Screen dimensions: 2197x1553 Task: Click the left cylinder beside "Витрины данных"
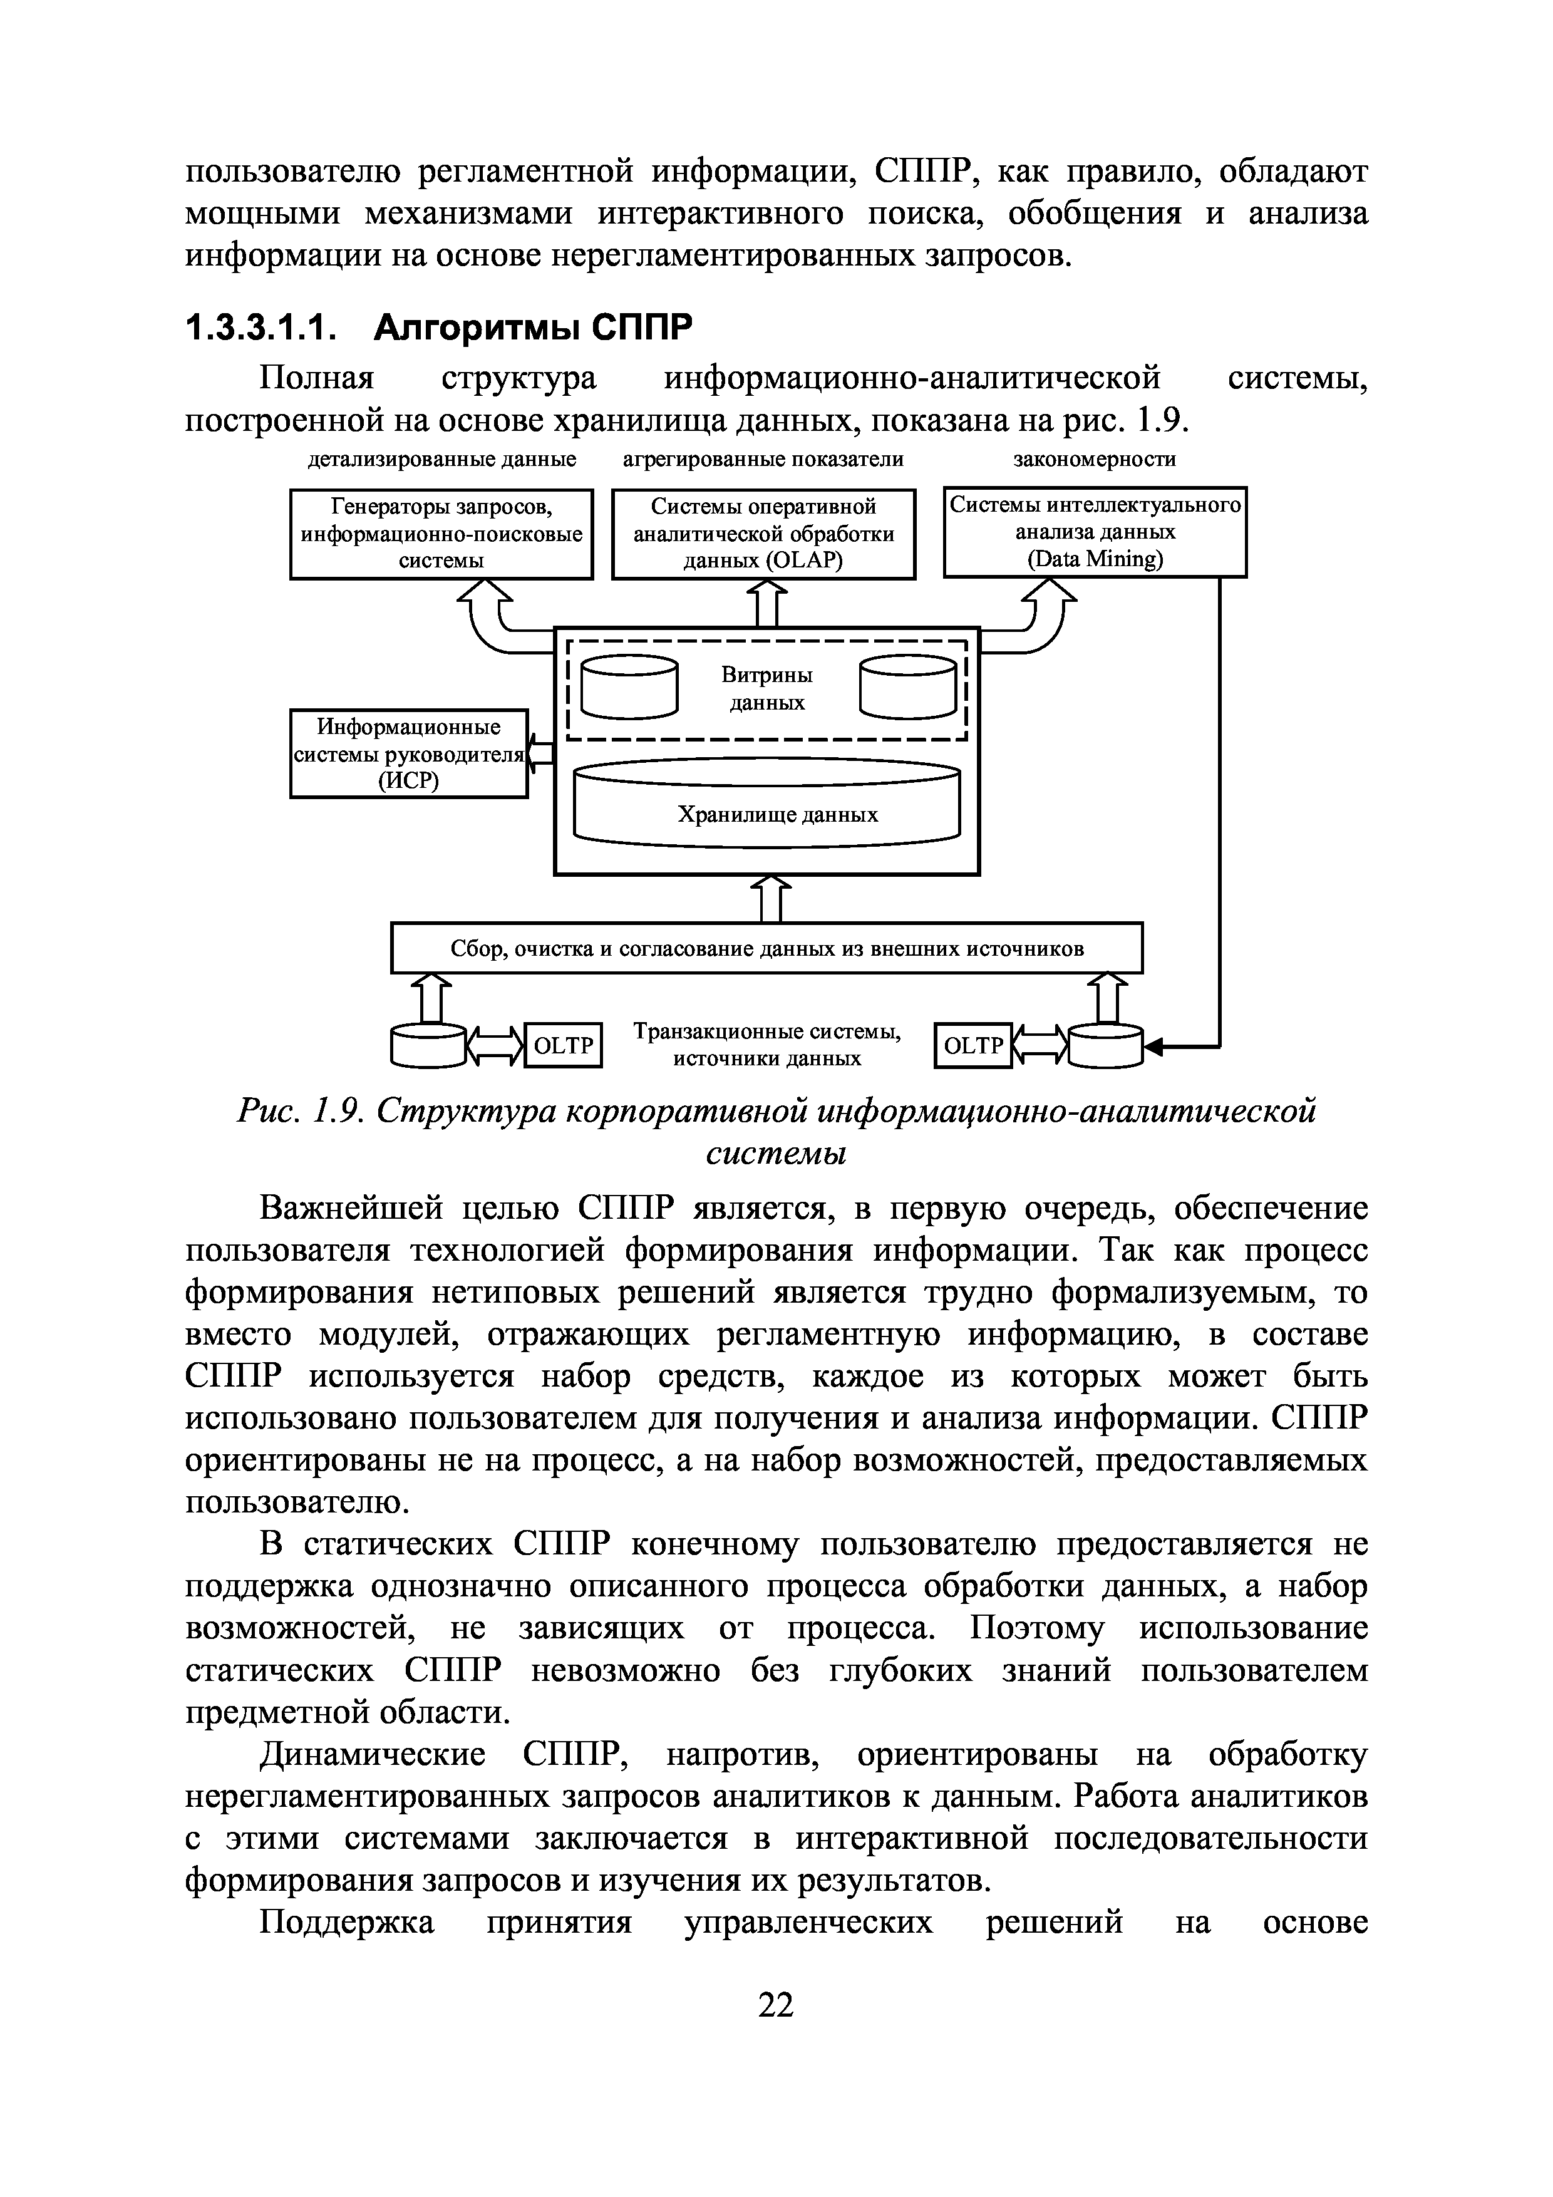(629, 685)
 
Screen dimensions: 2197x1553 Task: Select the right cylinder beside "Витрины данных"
(907, 685)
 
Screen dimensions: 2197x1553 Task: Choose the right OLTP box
(972, 1046)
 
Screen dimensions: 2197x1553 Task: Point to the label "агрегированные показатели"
(763, 459)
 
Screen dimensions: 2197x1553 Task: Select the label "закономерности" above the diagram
(1095, 459)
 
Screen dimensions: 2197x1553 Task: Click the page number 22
(776, 2003)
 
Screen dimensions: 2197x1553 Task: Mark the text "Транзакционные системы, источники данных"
(767, 1044)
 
